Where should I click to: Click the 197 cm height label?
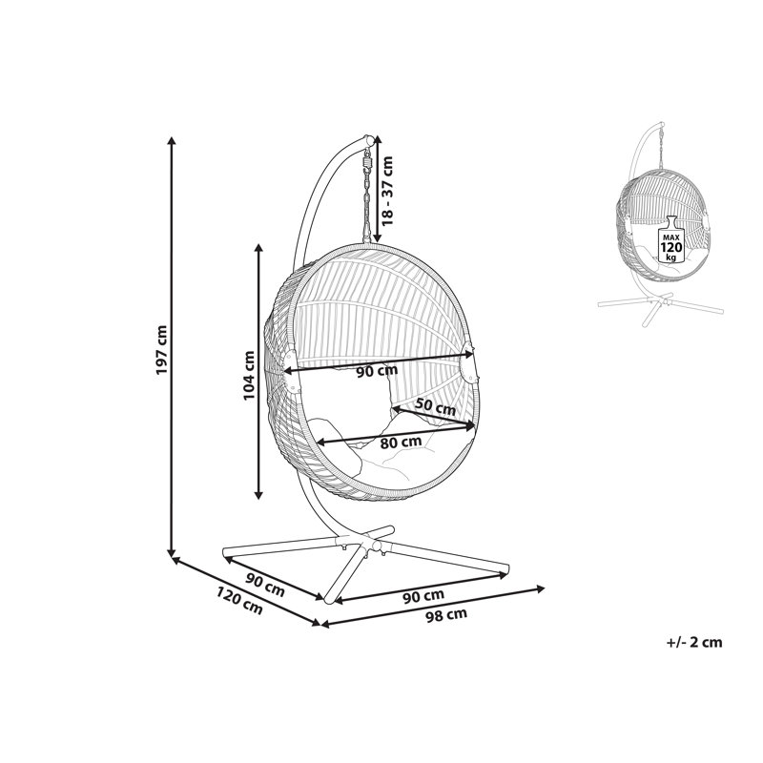(161, 349)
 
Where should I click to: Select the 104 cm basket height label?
(249, 375)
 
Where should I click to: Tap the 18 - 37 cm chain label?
(387, 191)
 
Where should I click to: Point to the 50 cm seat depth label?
(436, 406)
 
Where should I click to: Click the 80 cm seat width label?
(401, 443)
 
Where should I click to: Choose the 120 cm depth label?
(239, 601)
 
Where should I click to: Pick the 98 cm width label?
(446, 614)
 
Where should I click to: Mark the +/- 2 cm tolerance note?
(694, 642)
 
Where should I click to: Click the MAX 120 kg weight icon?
(671, 239)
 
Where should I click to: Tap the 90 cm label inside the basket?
(377, 371)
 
